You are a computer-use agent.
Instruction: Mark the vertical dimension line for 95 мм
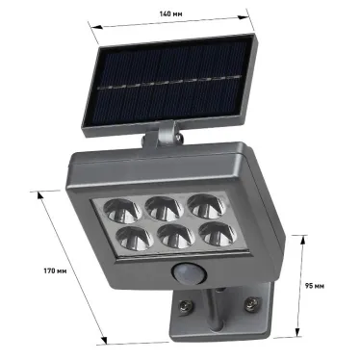(x=301, y=285)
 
